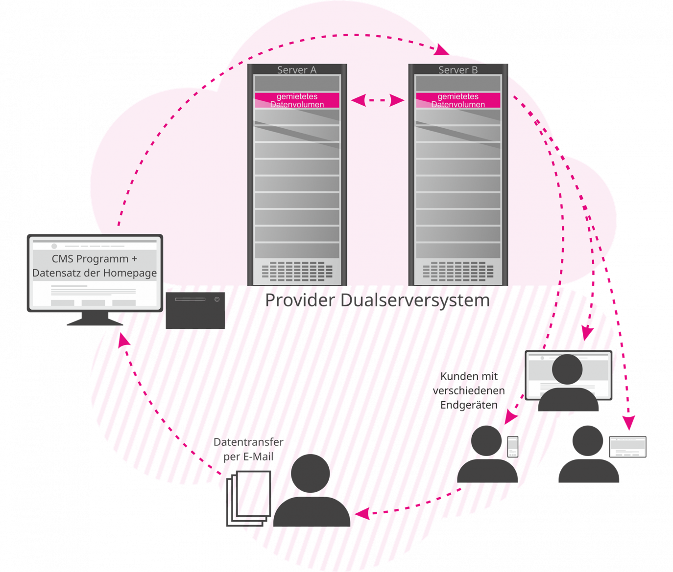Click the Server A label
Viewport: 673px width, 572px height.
[297, 70]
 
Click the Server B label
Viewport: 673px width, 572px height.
[458, 70]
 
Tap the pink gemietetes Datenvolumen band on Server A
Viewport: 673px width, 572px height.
[297, 100]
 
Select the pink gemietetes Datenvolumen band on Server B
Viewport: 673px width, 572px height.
[458, 100]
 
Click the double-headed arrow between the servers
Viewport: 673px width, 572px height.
[378, 100]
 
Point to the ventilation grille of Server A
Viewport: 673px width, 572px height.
[297, 270]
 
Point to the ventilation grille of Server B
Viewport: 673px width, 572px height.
[458, 270]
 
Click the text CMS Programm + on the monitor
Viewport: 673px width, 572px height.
[95, 259]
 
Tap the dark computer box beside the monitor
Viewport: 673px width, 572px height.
[195, 310]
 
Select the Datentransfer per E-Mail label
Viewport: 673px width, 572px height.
[248, 449]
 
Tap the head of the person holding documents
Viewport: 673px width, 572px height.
[310, 473]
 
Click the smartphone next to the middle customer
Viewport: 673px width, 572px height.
[512, 446]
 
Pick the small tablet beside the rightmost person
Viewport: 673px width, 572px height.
[627, 447]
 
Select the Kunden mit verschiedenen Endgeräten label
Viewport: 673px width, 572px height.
[469, 390]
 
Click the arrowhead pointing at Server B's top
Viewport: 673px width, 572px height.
[443, 49]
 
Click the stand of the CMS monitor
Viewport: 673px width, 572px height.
[94, 319]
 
